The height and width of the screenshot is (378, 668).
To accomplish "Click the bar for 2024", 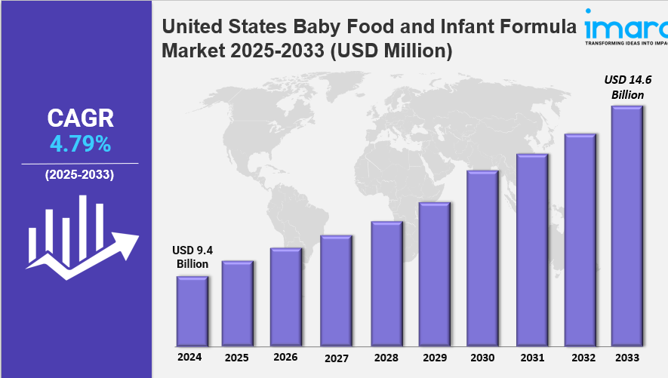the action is coord(192,311).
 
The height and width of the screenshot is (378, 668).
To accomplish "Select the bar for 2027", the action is coord(336,290).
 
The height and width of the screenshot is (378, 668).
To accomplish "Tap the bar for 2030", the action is coord(482,258).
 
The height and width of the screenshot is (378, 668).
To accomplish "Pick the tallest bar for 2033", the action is coord(627,226).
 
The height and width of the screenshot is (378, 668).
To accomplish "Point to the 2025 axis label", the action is coord(237,358).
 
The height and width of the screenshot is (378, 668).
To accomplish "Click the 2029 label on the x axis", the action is coord(435,358).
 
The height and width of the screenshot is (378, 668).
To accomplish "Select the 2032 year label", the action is coord(583,358).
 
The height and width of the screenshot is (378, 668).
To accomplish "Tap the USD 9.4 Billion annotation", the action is coord(192,257).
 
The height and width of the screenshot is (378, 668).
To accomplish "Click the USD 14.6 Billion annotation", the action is coord(628,87).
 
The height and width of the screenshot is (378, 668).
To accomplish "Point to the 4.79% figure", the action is coord(81,144).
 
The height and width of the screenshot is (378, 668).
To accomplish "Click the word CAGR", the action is coord(81,118).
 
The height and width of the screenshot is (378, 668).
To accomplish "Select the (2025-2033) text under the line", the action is coord(80,174).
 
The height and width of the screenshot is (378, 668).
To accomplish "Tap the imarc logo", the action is coord(626,26).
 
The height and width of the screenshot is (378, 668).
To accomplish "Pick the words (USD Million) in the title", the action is coord(391,51).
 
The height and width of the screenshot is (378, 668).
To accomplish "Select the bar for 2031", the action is coord(532,250).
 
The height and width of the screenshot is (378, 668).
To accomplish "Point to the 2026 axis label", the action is coord(285,357).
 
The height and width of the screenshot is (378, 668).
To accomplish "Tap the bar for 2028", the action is coord(386,284).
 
